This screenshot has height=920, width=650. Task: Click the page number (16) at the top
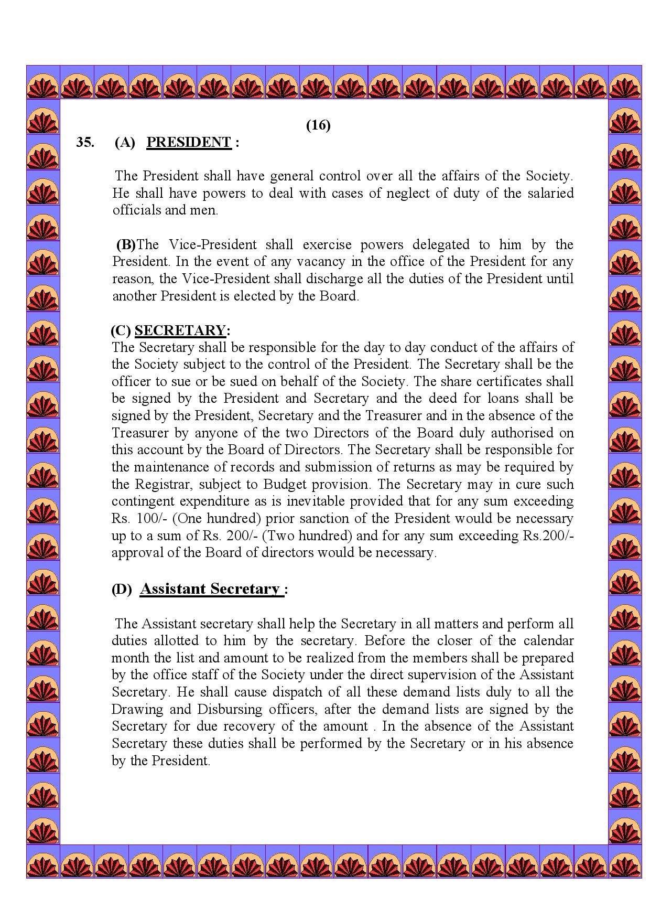(318, 125)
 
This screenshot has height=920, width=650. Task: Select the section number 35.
(85, 143)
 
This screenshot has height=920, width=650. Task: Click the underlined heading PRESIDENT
(189, 143)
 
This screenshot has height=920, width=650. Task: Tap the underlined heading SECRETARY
(180, 330)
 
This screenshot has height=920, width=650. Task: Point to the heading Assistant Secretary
(210, 589)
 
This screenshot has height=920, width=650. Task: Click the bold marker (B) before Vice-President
(126, 244)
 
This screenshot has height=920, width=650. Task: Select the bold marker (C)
(121, 330)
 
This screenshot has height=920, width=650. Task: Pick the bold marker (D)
(122, 590)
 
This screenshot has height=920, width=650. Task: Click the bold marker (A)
(125, 143)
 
